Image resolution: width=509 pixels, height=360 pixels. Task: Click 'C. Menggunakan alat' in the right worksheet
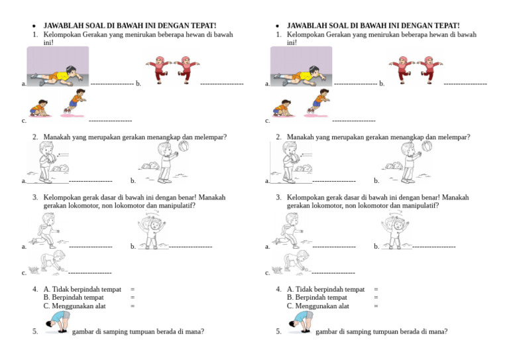click(x=317, y=306)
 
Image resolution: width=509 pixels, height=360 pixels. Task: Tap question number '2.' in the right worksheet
click(x=280, y=137)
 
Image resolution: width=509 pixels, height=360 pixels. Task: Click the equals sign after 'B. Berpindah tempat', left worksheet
click(x=133, y=298)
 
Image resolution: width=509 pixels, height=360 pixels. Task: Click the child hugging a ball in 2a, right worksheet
click(x=289, y=161)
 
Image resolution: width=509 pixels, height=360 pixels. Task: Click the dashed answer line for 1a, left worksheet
click(x=111, y=84)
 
